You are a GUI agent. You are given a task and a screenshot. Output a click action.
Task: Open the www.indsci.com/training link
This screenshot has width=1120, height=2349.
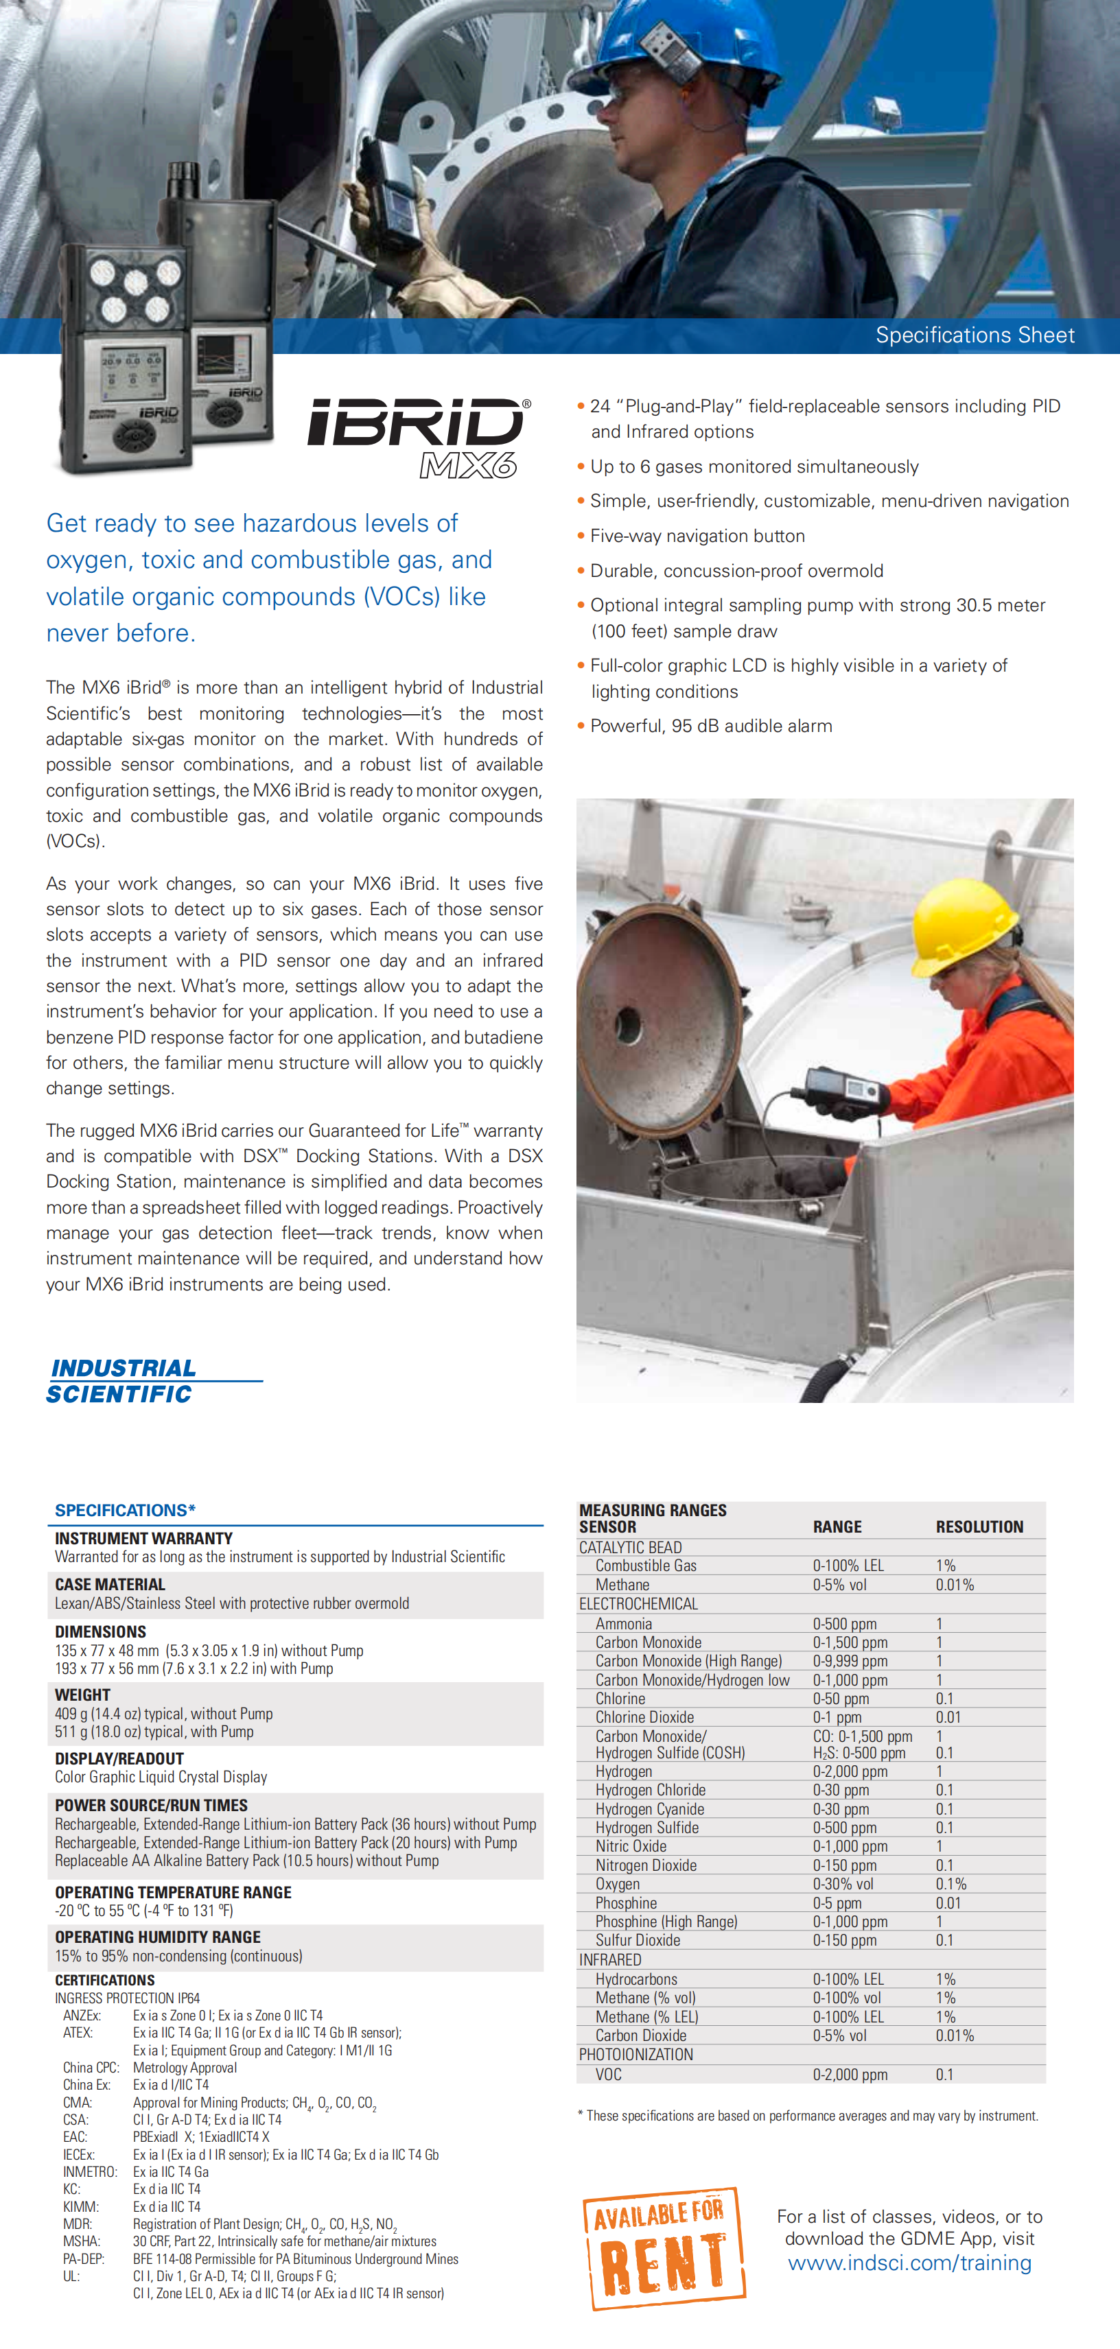pyautogui.click(x=909, y=2263)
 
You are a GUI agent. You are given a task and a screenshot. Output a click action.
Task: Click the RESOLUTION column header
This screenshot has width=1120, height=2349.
pyautogui.click(x=979, y=1526)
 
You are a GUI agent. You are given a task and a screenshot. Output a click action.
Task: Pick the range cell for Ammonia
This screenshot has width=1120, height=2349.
pyautogui.click(x=845, y=1623)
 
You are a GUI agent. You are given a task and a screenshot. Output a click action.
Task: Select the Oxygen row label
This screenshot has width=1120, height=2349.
pyautogui.click(x=618, y=1884)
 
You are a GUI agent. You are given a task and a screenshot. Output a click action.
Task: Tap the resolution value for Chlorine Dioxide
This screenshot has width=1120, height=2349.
pyautogui.click(x=948, y=1717)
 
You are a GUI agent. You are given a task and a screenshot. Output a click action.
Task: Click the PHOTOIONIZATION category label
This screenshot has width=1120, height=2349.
pyautogui.click(x=635, y=2055)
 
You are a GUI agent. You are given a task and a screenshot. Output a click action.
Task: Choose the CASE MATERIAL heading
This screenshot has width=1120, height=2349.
pyautogui.click(x=110, y=1585)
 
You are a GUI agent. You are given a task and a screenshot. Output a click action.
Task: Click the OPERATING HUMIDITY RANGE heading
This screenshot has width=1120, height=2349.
pyautogui.click(x=158, y=1937)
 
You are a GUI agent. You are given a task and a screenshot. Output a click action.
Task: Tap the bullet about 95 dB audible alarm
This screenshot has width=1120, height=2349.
pyautogui.click(x=710, y=726)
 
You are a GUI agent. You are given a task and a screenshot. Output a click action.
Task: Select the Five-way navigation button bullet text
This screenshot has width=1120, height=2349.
pyautogui.click(x=697, y=536)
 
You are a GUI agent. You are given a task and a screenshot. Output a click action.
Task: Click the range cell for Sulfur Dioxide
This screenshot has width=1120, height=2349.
pyautogui.click(x=845, y=1941)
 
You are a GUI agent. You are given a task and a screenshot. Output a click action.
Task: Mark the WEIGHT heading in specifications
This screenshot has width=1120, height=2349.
pyautogui.click(x=82, y=1695)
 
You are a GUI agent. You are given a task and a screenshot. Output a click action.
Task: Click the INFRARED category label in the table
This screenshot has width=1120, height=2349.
pyautogui.click(x=610, y=1959)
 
